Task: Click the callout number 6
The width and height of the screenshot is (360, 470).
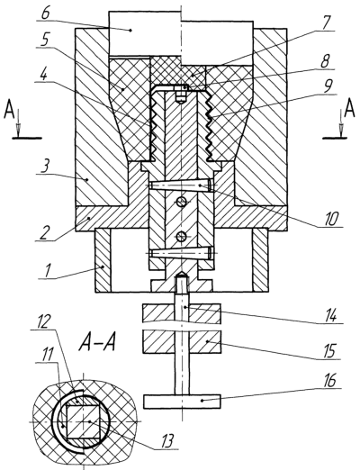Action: [x=47, y=14]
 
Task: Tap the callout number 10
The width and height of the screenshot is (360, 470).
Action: [x=333, y=219]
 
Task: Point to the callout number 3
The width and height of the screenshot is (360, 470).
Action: [x=45, y=166]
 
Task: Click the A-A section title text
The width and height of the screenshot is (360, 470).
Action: [x=97, y=343]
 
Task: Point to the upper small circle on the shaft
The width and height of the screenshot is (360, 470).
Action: [x=181, y=203]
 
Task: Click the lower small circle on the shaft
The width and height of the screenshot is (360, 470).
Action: [x=181, y=237]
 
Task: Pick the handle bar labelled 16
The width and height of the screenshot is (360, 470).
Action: [x=182, y=402]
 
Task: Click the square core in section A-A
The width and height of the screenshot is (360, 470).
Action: [x=83, y=421]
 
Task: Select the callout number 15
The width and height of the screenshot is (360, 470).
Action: [x=329, y=352]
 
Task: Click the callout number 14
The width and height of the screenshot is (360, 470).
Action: [x=330, y=317]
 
